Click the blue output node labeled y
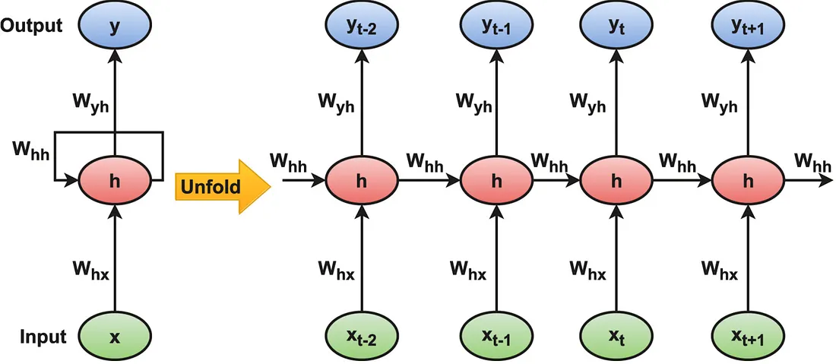[x=115, y=27]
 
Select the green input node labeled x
[x=115, y=336]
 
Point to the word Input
[x=43, y=336]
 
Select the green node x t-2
[x=362, y=336]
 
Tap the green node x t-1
[x=496, y=336]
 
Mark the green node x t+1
[x=748, y=336]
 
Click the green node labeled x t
[x=616, y=336]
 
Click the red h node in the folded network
[x=115, y=181]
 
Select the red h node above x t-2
[x=362, y=181]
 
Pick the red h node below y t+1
[x=748, y=181]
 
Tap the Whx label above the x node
[x=92, y=269]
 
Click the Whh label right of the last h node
[x=812, y=160]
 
